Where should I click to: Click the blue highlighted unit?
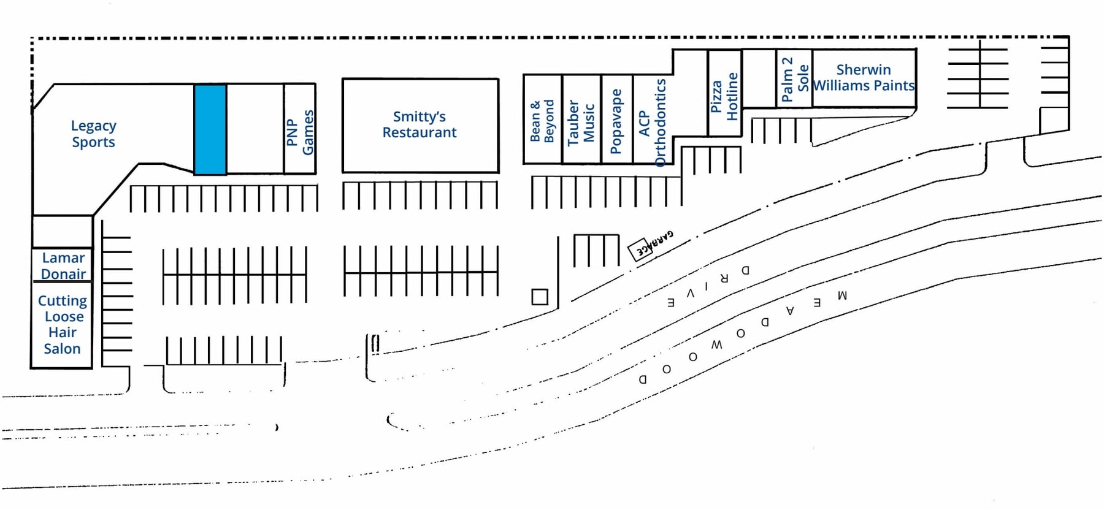click(210, 129)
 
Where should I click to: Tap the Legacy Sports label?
click(93, 134)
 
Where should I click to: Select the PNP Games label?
click(300, 132)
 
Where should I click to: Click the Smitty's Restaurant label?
click(420, 124)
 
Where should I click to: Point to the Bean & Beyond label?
click(542, 121)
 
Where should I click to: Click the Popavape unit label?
click(616, 121)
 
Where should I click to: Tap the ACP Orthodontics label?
click(652, 123)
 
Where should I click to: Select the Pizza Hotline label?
click(724, 96)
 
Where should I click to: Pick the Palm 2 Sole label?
click(795, 79)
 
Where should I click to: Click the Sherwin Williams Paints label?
click(864, 78)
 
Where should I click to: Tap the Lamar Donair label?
click(63, 266)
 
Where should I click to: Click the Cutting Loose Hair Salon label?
click(62, 325)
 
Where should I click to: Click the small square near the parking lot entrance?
click(540, 297)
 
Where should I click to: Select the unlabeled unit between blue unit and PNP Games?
click(255, 129)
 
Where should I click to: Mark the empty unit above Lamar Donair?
click(62, 232)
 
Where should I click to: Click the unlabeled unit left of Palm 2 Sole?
click(759, 78)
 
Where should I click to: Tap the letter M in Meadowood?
click(842, 295)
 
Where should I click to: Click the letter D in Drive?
click(745, 270)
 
